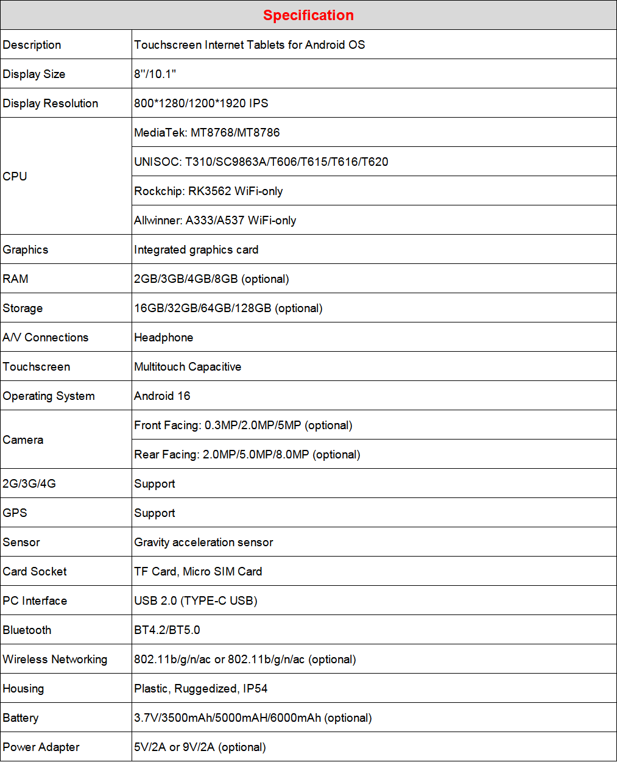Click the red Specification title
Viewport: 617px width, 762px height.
(x=308, y=15)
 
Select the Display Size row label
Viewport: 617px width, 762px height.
(x=34, y=74)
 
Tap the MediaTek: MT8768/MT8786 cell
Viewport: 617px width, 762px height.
(x=207, y=132)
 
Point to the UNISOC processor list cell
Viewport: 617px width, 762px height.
(x=261, y=162)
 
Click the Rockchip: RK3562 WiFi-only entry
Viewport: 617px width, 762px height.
(x=208, y=191)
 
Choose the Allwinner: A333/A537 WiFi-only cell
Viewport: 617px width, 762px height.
(x=215, y=220)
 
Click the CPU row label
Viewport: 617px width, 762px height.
(x=15, y=176)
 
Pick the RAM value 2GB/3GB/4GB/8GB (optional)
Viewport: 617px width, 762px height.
(x=211, y=279)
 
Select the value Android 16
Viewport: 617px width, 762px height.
(x=162, y=396)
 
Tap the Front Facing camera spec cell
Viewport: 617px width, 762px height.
(x=243, y=425)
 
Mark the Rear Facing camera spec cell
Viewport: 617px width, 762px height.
(x=247, y=454)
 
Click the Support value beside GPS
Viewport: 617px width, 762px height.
(x=155, y=513)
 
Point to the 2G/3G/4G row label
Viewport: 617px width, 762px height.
(x=29, y=483)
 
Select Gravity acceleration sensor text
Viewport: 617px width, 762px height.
(x=203, y=542)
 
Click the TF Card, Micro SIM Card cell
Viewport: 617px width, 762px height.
(x=198, y=571)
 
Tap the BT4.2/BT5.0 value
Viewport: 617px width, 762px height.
(x=167, y=630)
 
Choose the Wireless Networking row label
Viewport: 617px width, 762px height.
(x=55, y=659)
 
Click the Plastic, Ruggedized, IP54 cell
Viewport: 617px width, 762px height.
(x=201, y=688)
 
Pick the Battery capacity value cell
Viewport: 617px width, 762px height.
(x=253, y=717)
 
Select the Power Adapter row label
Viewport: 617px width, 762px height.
(x=41, y=747)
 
